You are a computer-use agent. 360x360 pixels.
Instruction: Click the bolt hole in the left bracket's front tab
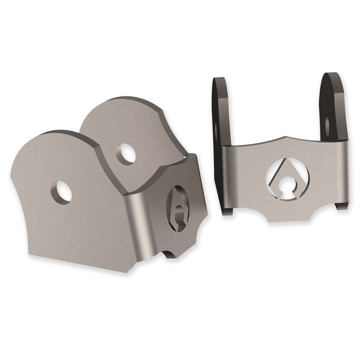pos(62,192)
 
